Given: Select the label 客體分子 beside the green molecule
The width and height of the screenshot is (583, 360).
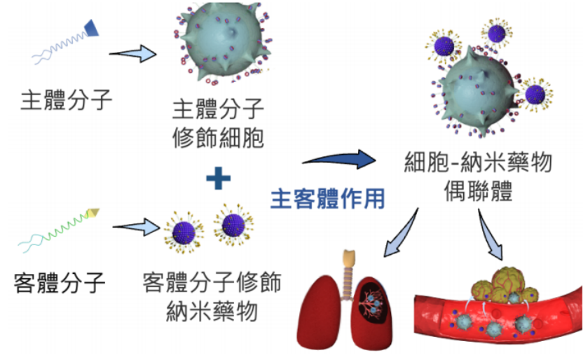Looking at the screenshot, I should click(x=60, y=283).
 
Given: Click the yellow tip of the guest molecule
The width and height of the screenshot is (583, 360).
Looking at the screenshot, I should click(x=94, y=212).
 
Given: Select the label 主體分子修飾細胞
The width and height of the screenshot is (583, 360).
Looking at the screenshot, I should click(x=218, y=123).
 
